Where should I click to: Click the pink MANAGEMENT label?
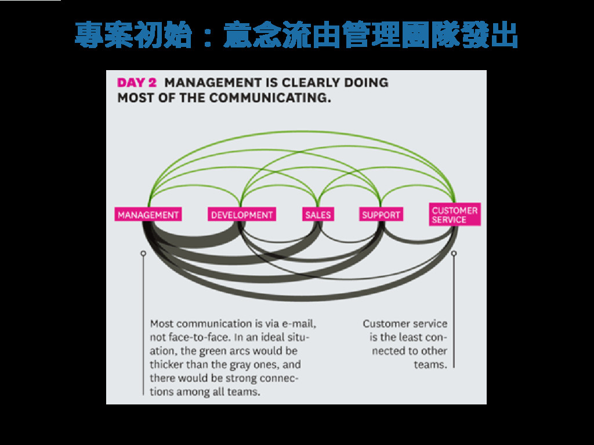pos(148,215)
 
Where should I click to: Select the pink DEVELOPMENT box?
pos(242,215)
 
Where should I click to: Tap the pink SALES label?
pos(318,215)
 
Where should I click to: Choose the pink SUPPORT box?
pos(381,215)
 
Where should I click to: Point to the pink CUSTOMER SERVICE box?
pos(455,215)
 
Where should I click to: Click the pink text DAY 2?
pos(137,82)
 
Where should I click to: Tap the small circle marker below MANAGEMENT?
pos(143,253)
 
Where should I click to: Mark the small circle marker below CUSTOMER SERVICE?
pos(454,253)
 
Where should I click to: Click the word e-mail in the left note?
pos(300,323)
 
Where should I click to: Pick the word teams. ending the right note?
pos(430,364)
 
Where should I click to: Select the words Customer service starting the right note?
pos(405,323)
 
